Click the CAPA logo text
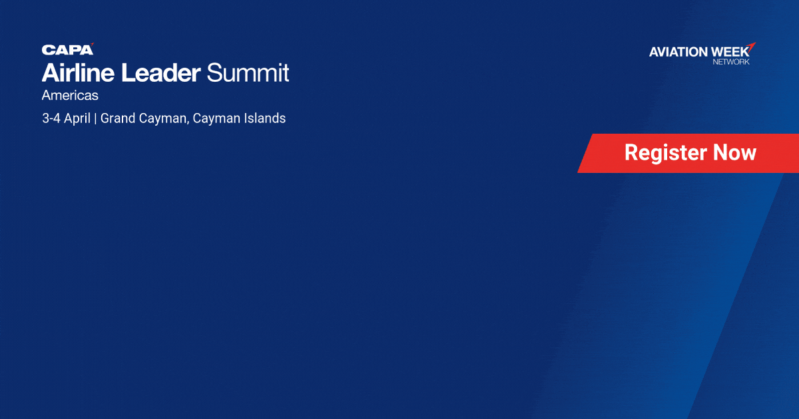(67, 50)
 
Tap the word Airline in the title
(78, 72)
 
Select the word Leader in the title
(161, 72)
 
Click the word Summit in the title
(248, 72)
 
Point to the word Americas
(70, 96)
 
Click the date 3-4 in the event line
(51, 118)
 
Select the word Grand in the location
(117, 118)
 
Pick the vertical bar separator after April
(95, 118)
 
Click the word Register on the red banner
(666, 153)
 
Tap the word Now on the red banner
(735, 152)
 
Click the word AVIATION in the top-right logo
(678, 52)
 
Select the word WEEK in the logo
(730, 52)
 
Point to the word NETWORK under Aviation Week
(731, 62)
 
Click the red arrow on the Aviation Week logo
(751, 47)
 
